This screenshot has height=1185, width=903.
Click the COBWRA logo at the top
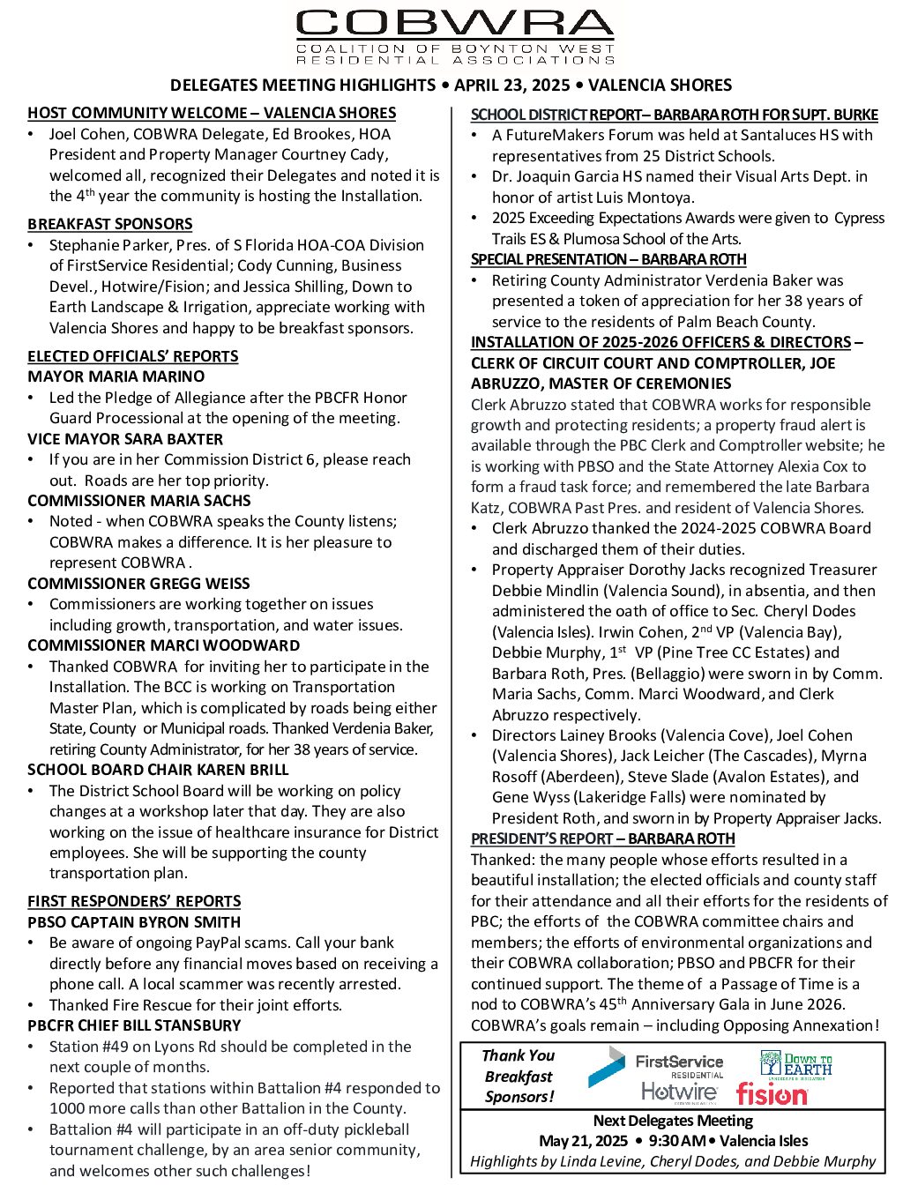click(x=455, y=37)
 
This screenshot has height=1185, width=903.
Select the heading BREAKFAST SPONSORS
click(x=109, y=224)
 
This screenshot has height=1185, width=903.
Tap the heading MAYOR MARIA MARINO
click(x=116, y=376)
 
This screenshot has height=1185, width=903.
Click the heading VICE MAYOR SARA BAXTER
click(x=125, y=439)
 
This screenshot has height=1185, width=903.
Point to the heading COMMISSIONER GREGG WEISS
click(x=138, y=584)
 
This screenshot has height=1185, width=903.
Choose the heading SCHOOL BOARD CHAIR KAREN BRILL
click(x=158, y=770)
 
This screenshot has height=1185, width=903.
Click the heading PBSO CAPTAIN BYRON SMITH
click(x=134, y=922)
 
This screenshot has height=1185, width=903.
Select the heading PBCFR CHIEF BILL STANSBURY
click(x=134, y=1025)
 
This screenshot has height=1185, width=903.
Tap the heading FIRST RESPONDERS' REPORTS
click(x=134, y=901)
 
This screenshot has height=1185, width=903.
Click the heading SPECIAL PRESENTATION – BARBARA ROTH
click(x=608, y=259)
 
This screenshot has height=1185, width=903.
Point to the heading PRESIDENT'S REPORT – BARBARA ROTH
click(x=602, y=838)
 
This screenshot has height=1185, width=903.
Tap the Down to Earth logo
click(x=795, y=1064)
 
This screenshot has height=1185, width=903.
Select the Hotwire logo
click(x=679, y=1093)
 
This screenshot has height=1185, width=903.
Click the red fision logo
click(x=772, y=1095)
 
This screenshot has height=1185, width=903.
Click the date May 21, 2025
click(x=581, y=1141)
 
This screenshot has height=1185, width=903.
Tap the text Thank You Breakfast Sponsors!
click(x=519, y=1076)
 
